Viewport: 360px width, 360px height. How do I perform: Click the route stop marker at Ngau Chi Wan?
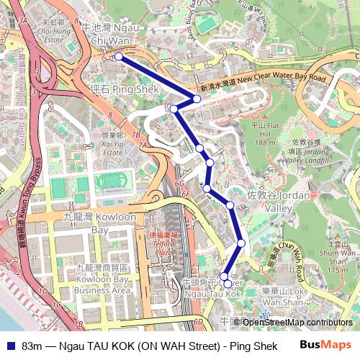click(x=118, y=55)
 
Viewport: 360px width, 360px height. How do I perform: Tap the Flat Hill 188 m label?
click(x=264, y=133)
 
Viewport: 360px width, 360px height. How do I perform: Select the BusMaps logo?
click(x=326, y=345)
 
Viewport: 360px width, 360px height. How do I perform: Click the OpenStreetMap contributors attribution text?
click(x=297, y=323)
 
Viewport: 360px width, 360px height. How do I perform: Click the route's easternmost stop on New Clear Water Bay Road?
click(x=197, y=98)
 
